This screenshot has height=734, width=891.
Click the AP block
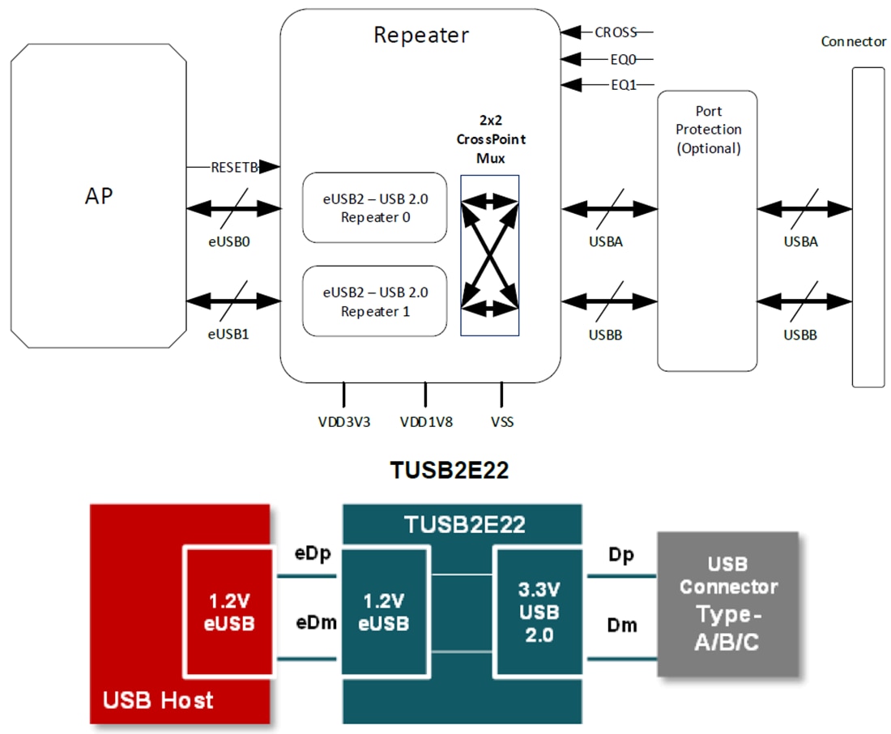tap(98, 195)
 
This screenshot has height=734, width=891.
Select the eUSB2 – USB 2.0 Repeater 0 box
tap(374, 207)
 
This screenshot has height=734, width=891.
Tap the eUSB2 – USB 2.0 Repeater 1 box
tap(374, 301)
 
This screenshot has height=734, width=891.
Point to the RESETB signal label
tap(234, 167)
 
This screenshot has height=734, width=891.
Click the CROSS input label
tap(616, 32)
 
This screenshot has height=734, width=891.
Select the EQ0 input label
tap(623, 59)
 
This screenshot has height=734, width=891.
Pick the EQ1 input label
tap(623, 84)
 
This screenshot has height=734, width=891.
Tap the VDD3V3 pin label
tap(343, 422)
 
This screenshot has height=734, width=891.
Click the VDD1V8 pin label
tap(425, 422)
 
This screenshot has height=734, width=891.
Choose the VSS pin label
tap(501, 422)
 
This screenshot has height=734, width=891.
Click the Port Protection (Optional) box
tap(707, 231)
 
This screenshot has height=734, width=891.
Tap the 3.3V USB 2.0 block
tap(539, 612)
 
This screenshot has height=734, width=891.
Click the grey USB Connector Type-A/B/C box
tap(727, 604)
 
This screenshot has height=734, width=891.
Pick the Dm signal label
tap(622, 625)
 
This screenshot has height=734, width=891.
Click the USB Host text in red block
tap(158, 699)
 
